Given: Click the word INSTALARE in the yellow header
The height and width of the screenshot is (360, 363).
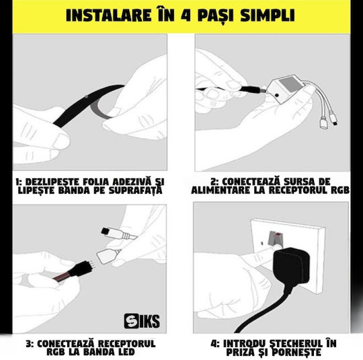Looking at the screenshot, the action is click(x=108, y=15).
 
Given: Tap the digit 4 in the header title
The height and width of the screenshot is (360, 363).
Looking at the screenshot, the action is click(x=186, y=15).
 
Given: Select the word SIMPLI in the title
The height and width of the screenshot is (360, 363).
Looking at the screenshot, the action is click(x=268, y=15).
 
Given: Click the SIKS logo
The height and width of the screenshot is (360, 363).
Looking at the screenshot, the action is click(x=142, y=321).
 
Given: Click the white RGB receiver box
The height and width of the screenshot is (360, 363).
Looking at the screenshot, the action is click(x=285, y=89).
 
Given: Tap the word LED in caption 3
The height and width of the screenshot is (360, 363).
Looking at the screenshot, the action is click(x=125, y=352).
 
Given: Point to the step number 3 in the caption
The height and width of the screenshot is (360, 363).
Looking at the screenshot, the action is click(x=29, y=344).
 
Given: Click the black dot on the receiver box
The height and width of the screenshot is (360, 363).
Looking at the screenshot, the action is click(x=277, y=95).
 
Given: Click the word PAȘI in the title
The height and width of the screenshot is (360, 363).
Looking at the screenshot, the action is click(x=216, y=15).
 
